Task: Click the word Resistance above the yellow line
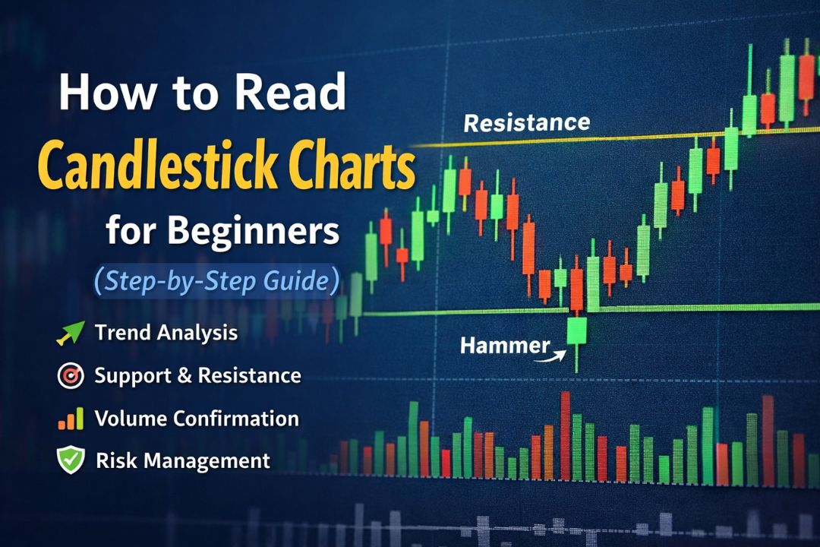(526, 122)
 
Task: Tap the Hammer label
(505, 346)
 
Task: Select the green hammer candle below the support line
(577, 331)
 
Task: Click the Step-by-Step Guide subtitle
(216, 280)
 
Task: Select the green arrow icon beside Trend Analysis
(71, 333)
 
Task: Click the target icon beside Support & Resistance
(71, 375)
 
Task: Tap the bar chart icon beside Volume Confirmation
(71, 418)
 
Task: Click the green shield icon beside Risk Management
(71, 460)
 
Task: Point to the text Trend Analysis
(166, 333)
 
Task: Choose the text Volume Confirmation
(197, 418)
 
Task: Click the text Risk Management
(183, 460)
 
